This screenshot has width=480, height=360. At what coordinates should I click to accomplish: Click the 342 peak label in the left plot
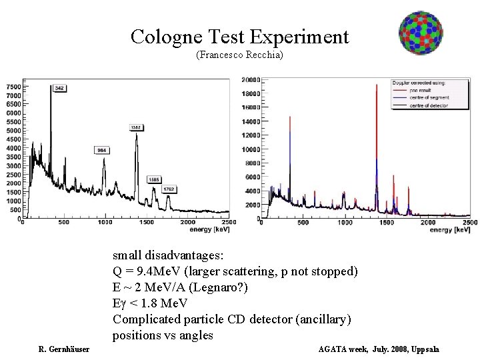[59, 88]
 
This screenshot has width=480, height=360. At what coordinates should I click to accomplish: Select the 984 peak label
[102, 150]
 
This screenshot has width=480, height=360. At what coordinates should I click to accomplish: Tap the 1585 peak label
[153, 179]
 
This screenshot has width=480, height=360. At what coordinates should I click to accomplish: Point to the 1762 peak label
[169, 189]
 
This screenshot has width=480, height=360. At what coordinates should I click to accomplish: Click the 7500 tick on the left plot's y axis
[13, 87]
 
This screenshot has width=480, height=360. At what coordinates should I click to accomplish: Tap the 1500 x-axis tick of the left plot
[147, 222]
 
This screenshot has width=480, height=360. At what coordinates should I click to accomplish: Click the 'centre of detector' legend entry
[429, 105]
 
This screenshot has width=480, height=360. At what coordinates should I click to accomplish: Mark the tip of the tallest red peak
[376, 83]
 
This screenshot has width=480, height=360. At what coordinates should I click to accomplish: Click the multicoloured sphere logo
[421, 33]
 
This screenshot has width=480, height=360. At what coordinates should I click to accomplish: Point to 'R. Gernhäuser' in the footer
[64, 349]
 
